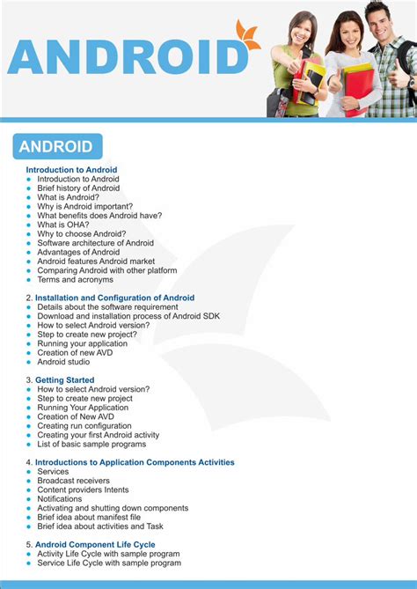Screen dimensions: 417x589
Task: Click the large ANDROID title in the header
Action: coord(128,57)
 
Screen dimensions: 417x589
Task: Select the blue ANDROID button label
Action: coord(56,147)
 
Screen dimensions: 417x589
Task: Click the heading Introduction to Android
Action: coord(71,170)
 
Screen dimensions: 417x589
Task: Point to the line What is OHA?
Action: coord(63,225)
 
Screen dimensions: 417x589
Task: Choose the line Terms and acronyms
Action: coord(75,279)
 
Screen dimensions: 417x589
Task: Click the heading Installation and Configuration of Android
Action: coord(114,298)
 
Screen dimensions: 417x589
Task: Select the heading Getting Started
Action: coord(64,380)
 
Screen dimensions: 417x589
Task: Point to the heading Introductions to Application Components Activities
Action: coord(135,462)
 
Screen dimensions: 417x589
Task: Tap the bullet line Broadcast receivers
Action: coord(73,481)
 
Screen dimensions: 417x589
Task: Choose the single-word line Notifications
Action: coord(60,499)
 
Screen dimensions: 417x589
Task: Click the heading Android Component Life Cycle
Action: coord(95,545)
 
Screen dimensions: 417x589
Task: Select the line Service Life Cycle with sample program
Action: coord(109,563)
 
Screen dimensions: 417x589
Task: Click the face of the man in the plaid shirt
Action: coord(378,20)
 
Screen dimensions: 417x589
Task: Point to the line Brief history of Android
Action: coord(78,188)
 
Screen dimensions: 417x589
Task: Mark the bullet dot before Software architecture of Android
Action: coord(28,243)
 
